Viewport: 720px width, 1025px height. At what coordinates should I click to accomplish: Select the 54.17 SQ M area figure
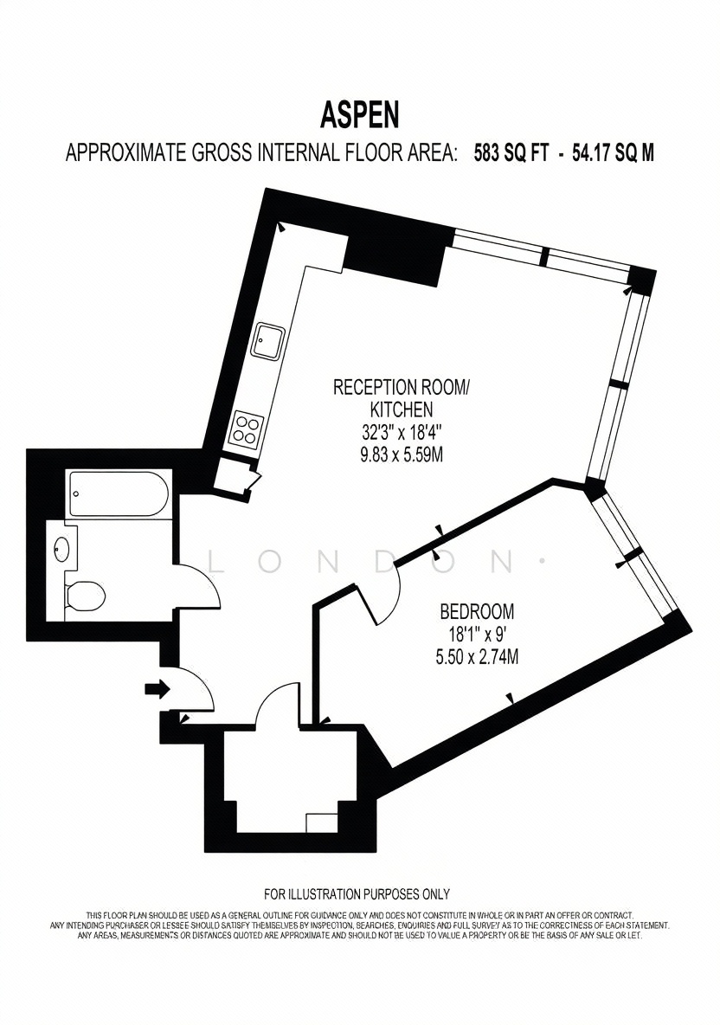coord(613,153)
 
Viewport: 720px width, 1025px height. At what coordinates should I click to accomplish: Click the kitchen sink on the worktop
coord(268,340)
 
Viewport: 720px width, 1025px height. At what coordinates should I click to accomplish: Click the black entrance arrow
coord(157,688)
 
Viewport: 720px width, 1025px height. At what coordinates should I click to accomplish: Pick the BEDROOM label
coord(477,612)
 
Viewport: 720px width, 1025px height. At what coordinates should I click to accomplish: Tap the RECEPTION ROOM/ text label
coord(402,387)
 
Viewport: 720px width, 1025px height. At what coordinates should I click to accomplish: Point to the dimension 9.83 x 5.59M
coord(402,454)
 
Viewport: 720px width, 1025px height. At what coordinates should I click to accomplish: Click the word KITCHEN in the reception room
coord(402,409)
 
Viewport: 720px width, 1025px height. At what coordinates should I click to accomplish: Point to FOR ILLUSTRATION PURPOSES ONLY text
coord(357,893)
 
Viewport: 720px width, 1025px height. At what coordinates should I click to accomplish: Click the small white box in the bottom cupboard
coord(321,822)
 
